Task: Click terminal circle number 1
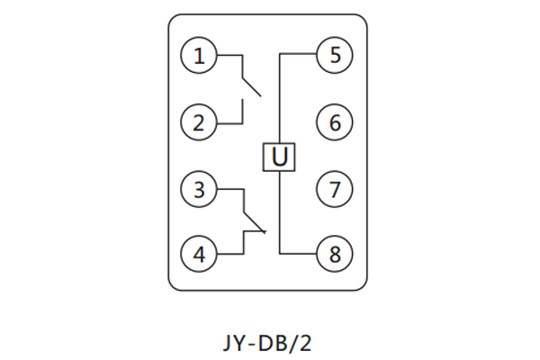pyautogui.click(x=200, y=57)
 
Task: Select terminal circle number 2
pyautogui.click(x=200, y=121)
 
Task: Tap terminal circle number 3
pyautogui.click(x=200, y=190)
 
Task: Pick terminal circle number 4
pyautogui.click(x=200, y=255)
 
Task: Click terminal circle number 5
pyautogui.click(x=335, y=56)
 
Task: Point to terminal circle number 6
pyautogui.click(x=335, y=121)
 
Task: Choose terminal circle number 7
pyautogui.click(x=335, y=190)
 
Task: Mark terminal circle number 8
pyautogui.click(x=335, y=255)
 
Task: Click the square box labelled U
pyautogui.click(x=280, y=157)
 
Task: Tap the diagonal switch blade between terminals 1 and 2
pyautogui.click(x=251, y=85)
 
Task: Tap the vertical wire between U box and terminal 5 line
pyautogui.click(x=280, y=99)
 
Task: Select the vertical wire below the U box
pyautogui.click(x=280, y=212)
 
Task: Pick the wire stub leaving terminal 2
pyautogui.click(x=229, y=121)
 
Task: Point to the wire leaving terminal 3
pyautogui.click(x=229, y=190)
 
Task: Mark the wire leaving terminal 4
pyautogui.click(x=229, y=255)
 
